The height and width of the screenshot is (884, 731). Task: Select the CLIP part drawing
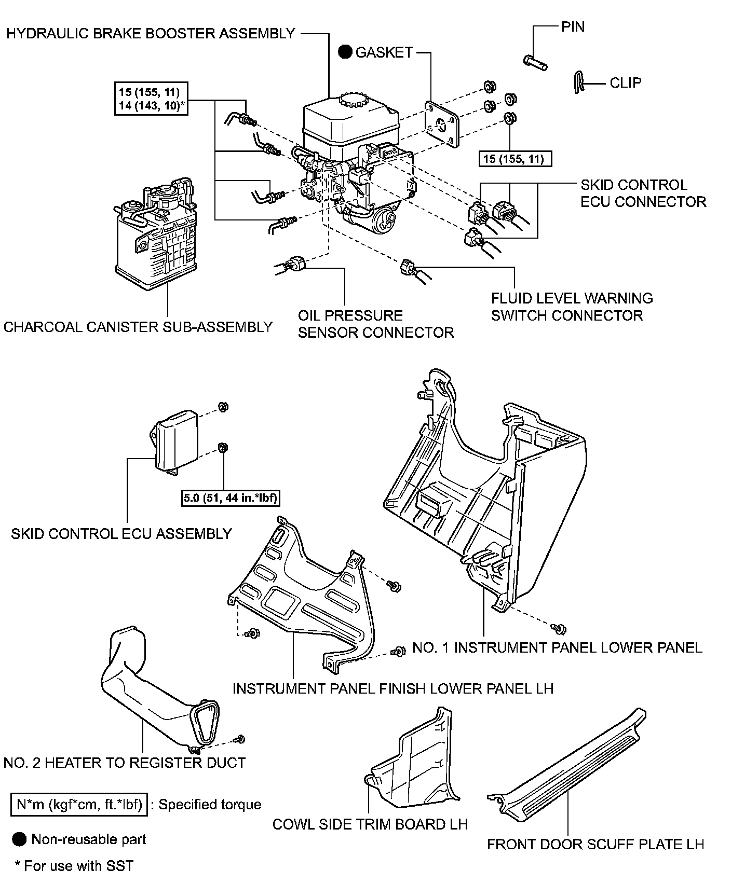[x=580, y=82]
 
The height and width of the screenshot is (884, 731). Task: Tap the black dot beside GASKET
[x=345, y=52]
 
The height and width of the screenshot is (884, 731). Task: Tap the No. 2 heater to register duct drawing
[x=156, y=695]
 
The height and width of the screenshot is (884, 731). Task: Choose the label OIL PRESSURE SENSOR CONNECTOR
[x=376, y=324]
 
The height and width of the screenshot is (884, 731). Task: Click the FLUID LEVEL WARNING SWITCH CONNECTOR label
[x=572, y=307]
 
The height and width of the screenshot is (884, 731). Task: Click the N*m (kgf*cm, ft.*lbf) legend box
[x=79, y=805]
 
